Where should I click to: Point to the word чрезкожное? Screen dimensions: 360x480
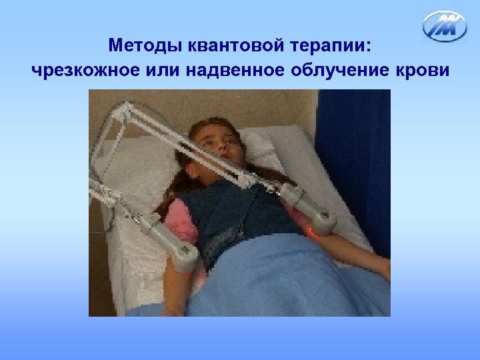tap(79, 69)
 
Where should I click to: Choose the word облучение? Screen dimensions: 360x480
tap(336, 69)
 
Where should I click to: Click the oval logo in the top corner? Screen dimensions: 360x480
tap(445, 26)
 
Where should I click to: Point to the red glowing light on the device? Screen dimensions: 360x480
tap(311, 231)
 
